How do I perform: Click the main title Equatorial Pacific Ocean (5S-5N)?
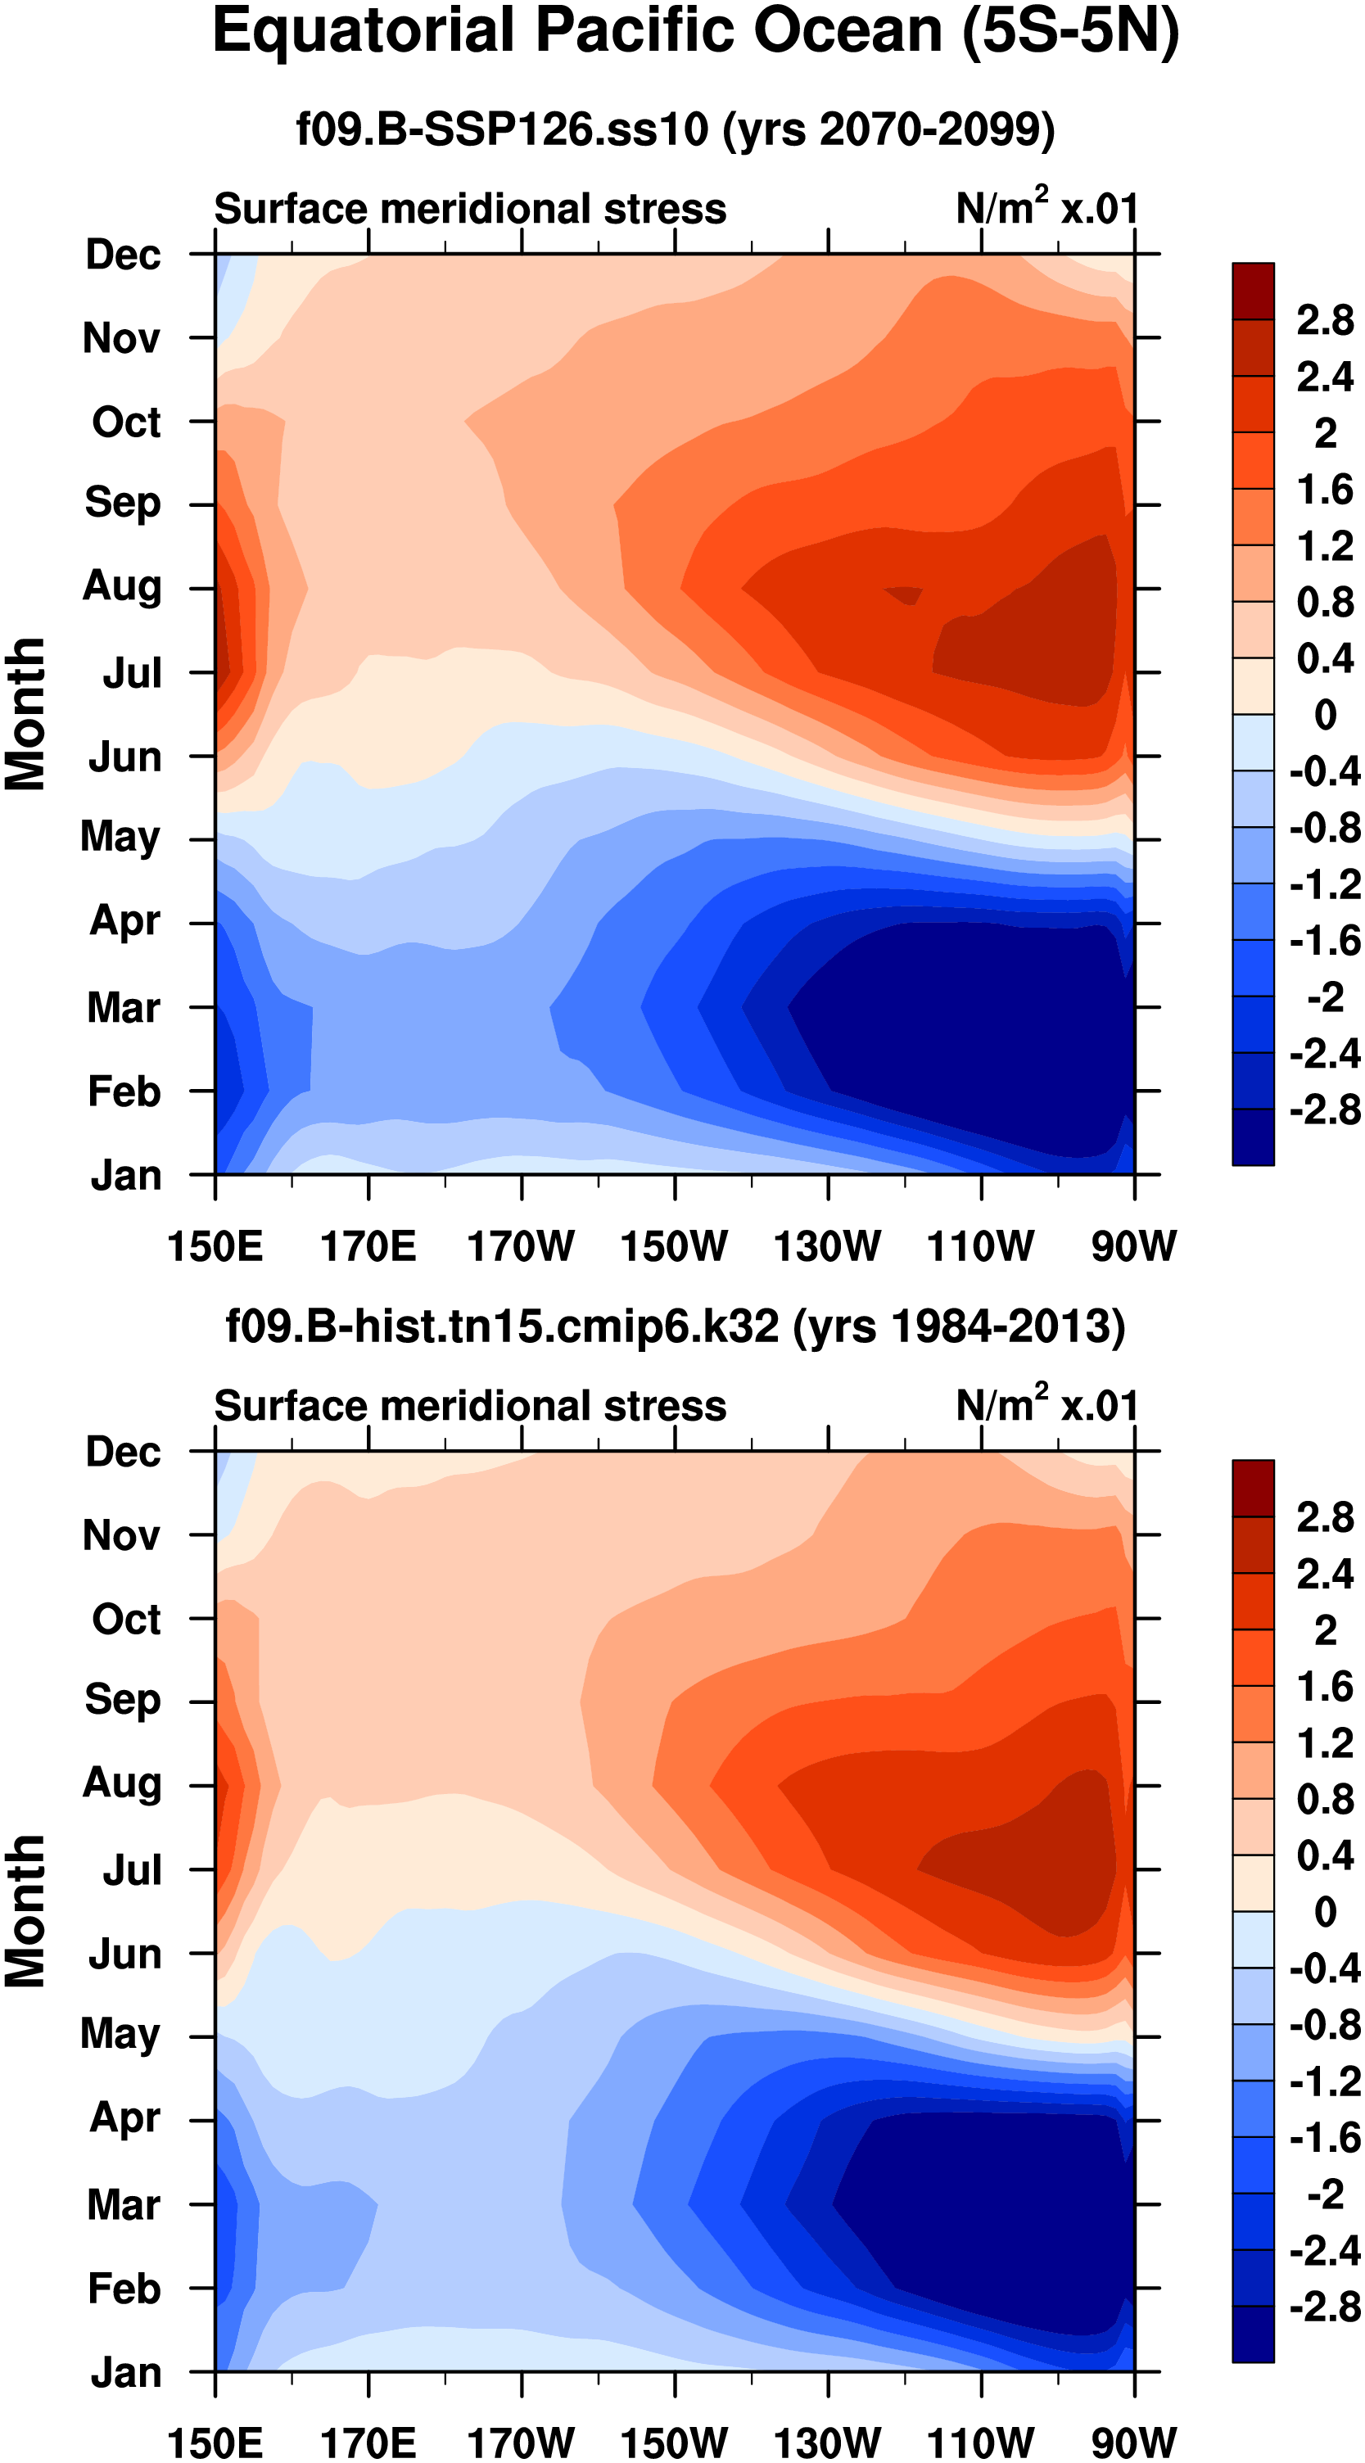coord(695,33)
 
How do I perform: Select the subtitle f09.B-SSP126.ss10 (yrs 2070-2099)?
coord(675,129)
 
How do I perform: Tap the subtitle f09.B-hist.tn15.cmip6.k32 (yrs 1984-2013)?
coord(675,1326)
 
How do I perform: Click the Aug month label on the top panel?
coord(121,585)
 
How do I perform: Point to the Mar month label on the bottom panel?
coord(124,2205)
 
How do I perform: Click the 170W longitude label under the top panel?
coord(521,1246)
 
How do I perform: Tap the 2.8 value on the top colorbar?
coord(1325,320)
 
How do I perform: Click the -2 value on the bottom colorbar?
coord(1325,2194)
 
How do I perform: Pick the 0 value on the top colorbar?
coord(1325,714)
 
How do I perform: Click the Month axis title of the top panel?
coord(26,714)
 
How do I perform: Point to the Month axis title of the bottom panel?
coord(26,1911)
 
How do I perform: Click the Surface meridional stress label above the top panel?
coord(469,209)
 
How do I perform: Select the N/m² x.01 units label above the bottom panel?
coord(1046,1406)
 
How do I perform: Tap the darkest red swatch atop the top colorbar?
coord(1252,291)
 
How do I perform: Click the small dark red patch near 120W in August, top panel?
coord(904,594)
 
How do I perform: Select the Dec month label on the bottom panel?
coord(124,1453)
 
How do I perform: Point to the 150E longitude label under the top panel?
coord(215,1246)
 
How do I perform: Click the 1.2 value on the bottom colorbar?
coord(1325,1743)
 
